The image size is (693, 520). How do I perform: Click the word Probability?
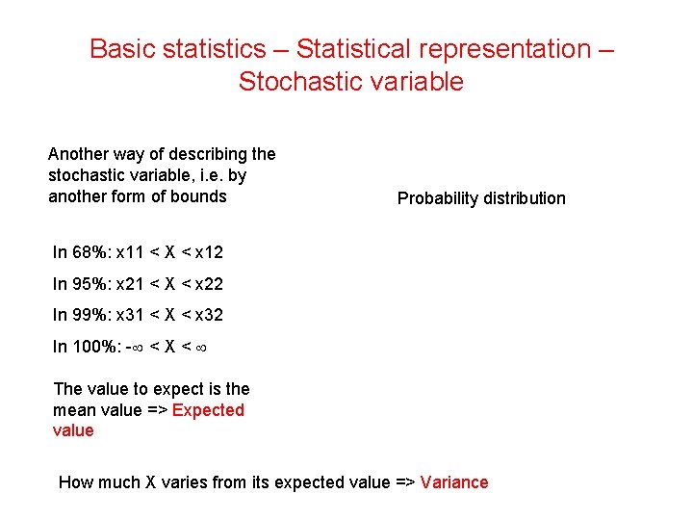(439, 198)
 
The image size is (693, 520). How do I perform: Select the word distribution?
(526, 198)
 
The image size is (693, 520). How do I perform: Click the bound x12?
(208, 252)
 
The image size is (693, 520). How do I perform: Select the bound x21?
(131, 283)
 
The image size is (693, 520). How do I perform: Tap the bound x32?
(208, 314)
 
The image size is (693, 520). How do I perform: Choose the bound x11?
(131, 252)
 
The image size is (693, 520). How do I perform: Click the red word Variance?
(454, 482)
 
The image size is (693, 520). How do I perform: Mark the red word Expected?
(208, 410)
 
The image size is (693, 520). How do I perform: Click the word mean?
(74, 410)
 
